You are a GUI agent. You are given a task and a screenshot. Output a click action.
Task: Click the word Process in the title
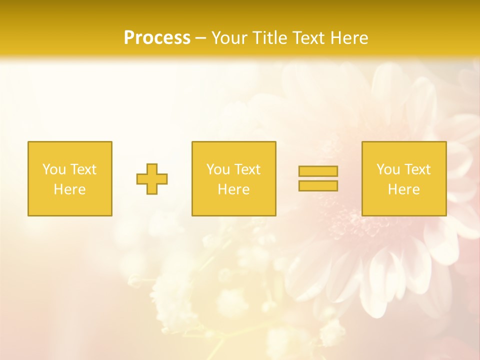tap(157, 38)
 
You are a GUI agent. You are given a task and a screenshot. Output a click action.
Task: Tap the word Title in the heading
tap(268, 38)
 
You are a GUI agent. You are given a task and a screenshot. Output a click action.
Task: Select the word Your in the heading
tap(230, 38)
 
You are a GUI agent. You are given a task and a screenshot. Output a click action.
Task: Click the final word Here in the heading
tap(349, 38)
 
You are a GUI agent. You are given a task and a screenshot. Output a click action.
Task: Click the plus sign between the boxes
tap(152, 179)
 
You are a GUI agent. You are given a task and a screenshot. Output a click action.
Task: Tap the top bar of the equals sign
tap(318, 171)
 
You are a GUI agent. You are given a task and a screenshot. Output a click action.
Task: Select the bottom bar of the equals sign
tap(318, 185)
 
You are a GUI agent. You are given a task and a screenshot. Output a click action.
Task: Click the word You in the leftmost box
tap(54, 169)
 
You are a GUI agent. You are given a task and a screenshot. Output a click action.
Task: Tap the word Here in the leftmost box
tap(69, 189)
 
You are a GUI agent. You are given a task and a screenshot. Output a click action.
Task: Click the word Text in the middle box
tap(247, 169)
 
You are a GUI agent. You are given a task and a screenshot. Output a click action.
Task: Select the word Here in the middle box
tap(233, 189)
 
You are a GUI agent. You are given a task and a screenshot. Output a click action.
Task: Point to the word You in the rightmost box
tap(388, 169)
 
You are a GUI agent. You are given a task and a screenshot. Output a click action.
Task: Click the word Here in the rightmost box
tap(403, 189)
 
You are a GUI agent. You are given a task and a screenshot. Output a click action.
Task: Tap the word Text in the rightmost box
tap(417, 169)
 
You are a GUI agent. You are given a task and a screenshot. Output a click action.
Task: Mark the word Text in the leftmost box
tap(83, 169)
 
